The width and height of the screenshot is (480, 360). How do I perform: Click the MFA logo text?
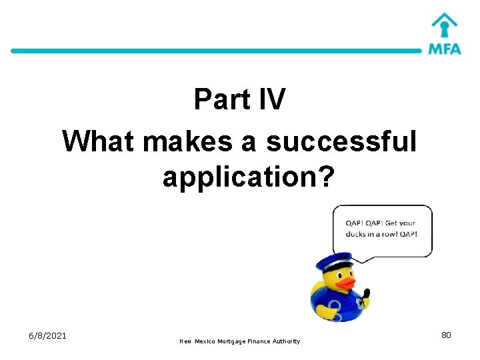click(445, 49)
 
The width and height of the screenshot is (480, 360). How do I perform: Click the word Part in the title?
click(220, 100)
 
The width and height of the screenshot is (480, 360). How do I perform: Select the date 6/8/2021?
click(47, 335)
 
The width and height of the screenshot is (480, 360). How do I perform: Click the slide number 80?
click(446, 335)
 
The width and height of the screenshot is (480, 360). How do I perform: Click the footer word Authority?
click(285, 341)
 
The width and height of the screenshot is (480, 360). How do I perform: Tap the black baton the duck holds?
click(367, 295)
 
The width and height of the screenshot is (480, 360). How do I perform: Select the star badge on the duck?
click(361, 305)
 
